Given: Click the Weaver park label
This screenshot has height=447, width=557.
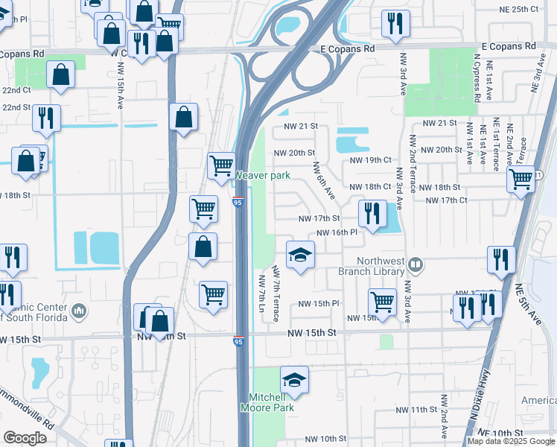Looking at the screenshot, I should click(x=262, y=176).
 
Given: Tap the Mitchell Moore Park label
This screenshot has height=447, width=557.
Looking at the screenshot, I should click(x=267, y=402).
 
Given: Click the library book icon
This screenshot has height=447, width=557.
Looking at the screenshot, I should click(x=416, y=264).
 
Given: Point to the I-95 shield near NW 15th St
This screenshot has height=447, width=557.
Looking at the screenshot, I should click(x=238, y=341).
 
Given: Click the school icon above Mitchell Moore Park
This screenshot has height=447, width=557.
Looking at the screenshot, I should click(x=295, y=380).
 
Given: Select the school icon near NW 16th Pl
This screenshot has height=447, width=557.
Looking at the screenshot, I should click(x=300, y=256).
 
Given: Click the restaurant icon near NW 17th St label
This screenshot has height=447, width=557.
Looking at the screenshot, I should click(x=371, y=213).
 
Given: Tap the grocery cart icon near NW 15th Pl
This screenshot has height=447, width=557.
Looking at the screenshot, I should click(x=382, y=302).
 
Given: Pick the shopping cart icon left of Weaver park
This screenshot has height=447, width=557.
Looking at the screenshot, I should click(x=221, y=165).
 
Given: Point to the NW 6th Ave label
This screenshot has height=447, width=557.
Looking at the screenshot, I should click(x=324, y=181).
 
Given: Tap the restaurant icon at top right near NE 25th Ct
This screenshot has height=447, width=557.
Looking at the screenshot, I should click(x=395, y=23).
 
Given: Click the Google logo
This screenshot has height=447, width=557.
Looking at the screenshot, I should click(x=25, y=438).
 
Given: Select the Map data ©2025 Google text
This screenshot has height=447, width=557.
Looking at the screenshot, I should click(x=512, y=441).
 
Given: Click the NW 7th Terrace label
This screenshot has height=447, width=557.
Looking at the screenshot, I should click(x=276, y=294).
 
